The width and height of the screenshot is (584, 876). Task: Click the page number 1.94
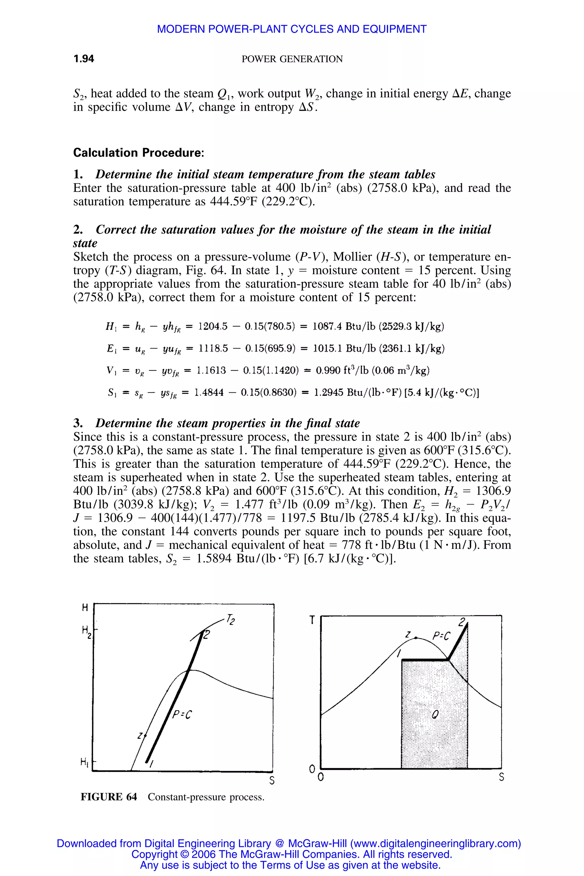pyautogui.click(x=84, y=59)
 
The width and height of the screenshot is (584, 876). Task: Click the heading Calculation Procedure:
pyautogui.click(x=139, y=153)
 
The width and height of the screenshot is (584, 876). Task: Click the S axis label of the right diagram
pyautogui.click(x=501, y=778)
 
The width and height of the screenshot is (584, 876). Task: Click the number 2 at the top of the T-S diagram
pyautogui.click(x=462, y=622)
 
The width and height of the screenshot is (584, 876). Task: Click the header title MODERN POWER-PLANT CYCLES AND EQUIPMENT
pyautogui.click(x=292, y=29)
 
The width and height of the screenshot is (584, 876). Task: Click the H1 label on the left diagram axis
pyautogui.click(x=84, y=762)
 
